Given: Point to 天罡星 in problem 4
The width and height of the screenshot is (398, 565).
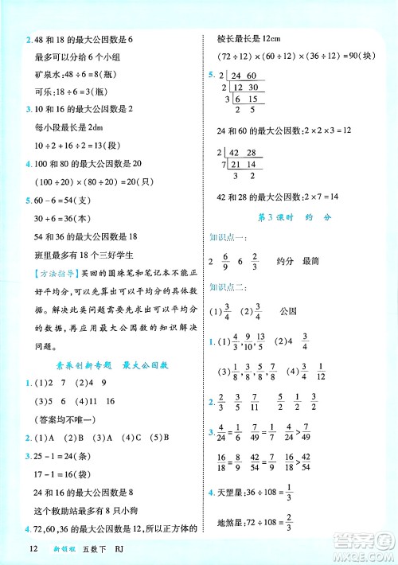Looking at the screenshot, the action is [229, 493].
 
